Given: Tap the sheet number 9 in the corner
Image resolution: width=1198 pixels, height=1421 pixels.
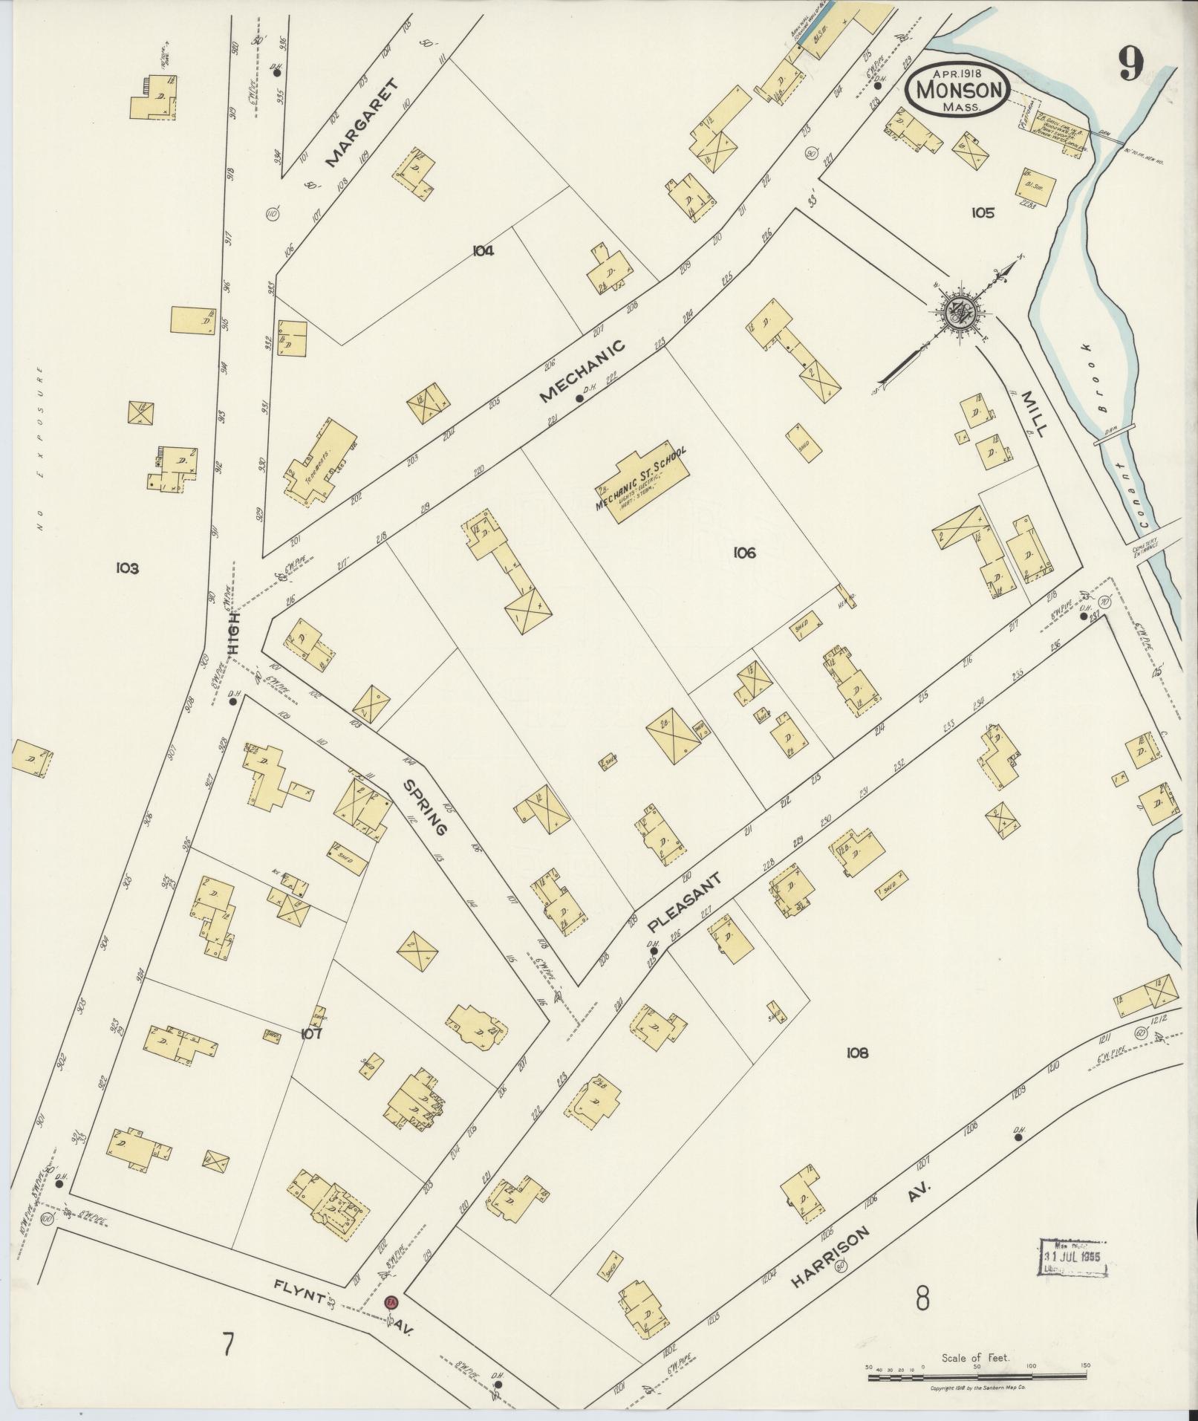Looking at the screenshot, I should (1130, 68).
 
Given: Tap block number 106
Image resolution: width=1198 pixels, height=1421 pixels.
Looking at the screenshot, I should (743, 552).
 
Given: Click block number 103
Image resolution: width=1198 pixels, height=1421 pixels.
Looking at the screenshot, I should (127, 568).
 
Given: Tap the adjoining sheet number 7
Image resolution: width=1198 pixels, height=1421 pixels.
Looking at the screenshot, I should (228, 1344).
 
